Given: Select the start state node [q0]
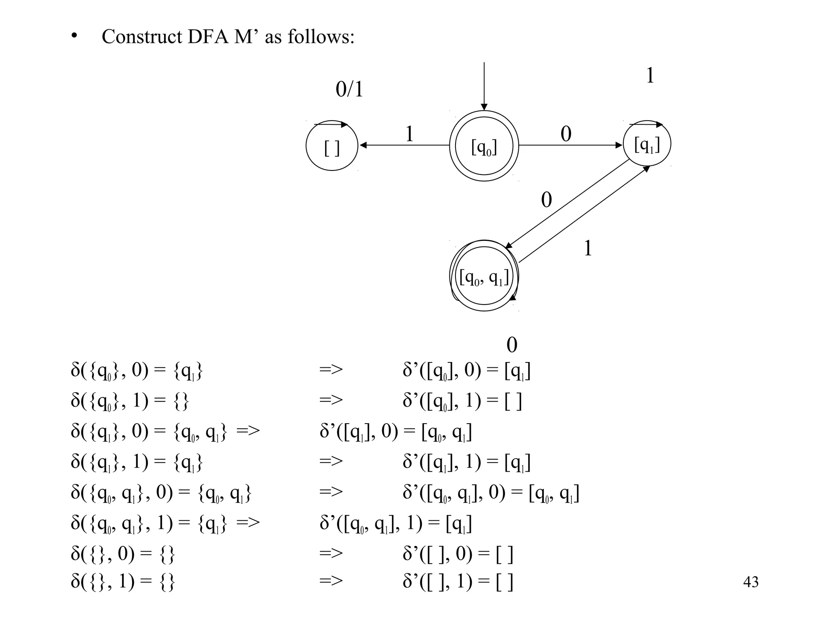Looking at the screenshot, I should (x=484, y=146).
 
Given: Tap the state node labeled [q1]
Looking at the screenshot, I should (x=647, y=144).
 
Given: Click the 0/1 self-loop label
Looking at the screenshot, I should (x=349, y=89).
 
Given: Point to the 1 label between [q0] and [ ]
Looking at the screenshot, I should (x=409, y=134).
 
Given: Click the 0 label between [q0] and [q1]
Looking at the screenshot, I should (x=566, y=134).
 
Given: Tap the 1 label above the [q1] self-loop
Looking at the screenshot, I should (x=650, y=76).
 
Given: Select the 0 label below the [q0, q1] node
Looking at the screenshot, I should (x=512, y=345).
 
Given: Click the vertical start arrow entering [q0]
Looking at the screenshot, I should (x=484, y=85).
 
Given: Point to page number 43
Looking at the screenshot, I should (x=751, y=582).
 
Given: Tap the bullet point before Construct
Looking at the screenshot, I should (x=73, y=37).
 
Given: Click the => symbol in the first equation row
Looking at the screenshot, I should (x=331, y=369).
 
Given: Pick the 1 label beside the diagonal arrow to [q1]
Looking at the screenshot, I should (x=588, y=248).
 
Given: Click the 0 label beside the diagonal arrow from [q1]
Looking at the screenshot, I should (x=546, y=200).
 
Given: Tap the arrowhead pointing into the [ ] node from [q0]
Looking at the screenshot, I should (x=363, y=145).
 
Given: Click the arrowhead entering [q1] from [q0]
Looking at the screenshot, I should (x=619, y=145).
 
